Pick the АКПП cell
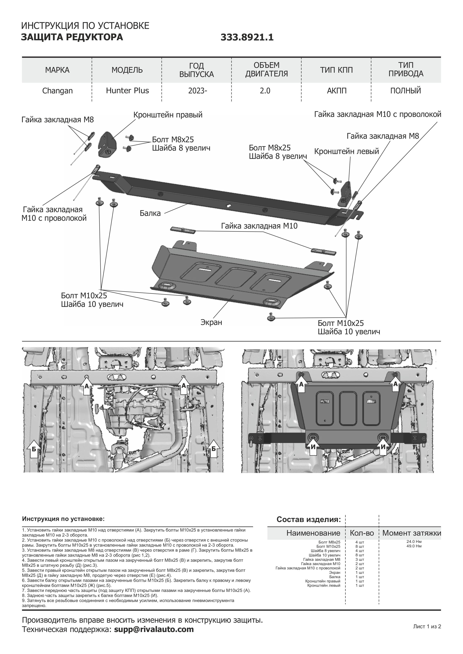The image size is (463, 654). pyautogui.click(x=336, y=91)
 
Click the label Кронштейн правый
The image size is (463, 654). pyautogui.click(x=168, y=115)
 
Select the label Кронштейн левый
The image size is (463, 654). pyautogui.click(x=346, y=151)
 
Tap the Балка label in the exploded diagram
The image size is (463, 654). pyautogui.click(x=150, y=213)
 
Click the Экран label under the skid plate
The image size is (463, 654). pyautogui.click(x=211, y=322)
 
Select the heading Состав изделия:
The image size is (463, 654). pyautogui.click(x=309, y=519)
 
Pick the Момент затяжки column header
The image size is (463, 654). pyautogui.click(x=411, y=533)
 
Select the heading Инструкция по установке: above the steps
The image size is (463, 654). pyautogui.click(x=63, y=519)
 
